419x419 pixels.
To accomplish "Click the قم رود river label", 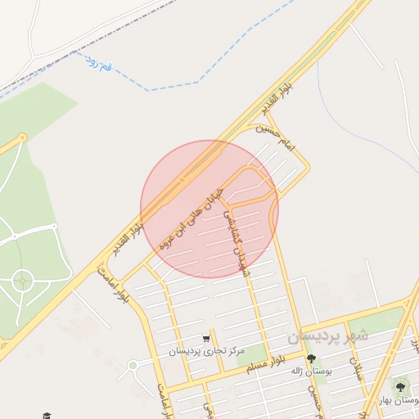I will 97,62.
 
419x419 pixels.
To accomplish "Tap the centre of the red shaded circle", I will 209,209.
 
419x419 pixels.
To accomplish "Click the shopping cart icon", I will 207,338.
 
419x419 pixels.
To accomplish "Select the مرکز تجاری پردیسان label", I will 208,351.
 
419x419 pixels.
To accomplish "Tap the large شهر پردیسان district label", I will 328,336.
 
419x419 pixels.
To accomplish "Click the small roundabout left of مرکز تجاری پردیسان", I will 133,365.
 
